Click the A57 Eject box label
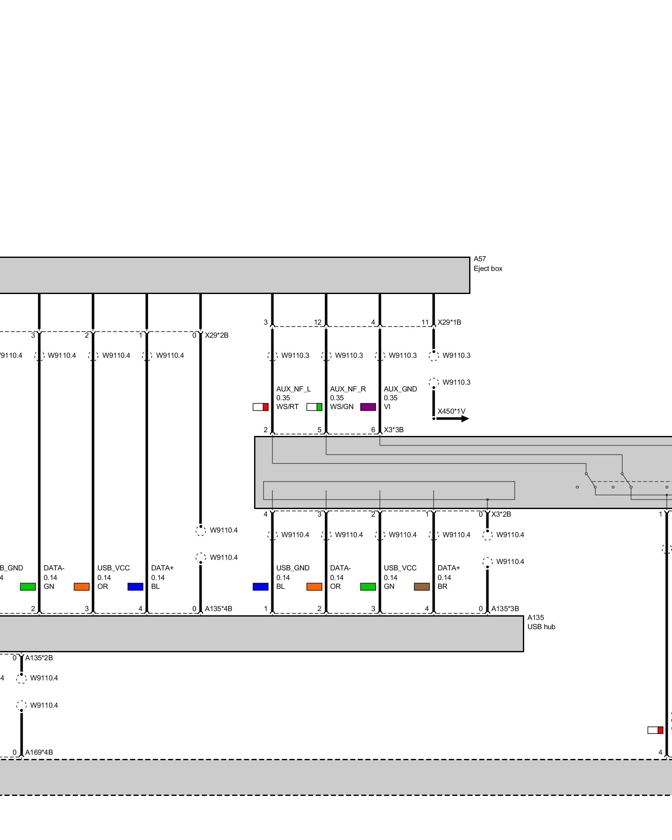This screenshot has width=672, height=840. click(x=488, y=264)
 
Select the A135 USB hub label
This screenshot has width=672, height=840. click(x=541, y=622)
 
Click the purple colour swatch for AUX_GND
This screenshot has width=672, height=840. click(x=368, y=407)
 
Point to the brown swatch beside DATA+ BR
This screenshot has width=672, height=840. click(x=422, y=586)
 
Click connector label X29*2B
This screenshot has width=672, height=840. click(x=216, y=335)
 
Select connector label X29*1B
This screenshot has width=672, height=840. click(x=449, y=322)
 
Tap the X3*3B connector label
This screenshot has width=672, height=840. click(x=394, y=430)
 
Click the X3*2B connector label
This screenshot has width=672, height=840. click(x=501, y=514)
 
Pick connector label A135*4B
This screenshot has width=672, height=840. click(x=218, y=609)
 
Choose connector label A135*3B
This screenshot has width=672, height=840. click(x=505, y=609)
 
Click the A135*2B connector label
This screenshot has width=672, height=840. click(x=39, y=658)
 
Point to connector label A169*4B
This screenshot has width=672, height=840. click(x=39, y=752)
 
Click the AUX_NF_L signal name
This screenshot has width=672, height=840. click(x=294, y=389)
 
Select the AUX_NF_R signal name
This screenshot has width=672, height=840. click(x=348, y=389)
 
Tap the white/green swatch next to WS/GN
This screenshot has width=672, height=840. click(x=314, y=407)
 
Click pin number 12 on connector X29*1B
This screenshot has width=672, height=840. click(x=318, y=322)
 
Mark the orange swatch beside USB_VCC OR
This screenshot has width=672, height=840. click(x=81, y=586)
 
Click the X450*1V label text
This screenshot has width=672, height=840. click(x=451, y=411)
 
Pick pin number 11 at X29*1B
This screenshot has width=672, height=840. click(x=425, y=322)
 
